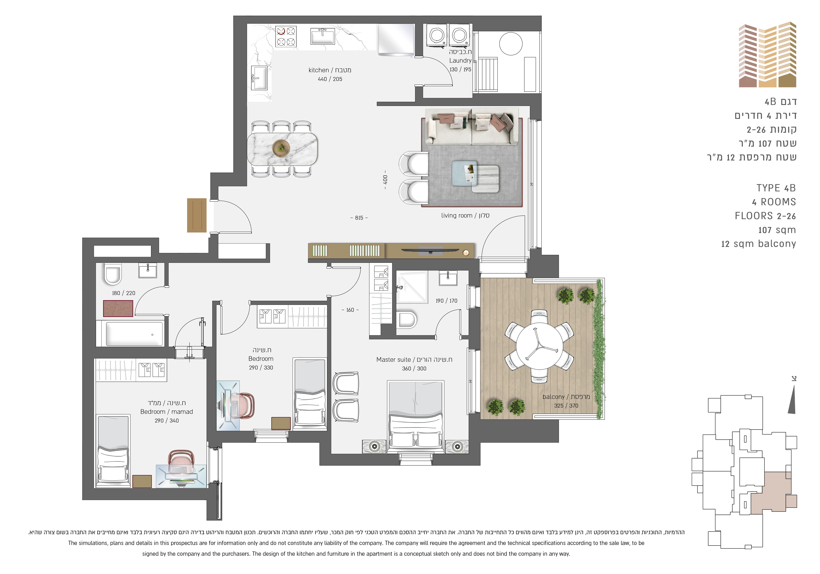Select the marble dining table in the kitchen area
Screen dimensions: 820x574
[x=282, y=149]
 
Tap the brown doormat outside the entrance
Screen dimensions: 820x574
[x=197, y=215]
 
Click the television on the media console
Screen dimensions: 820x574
[x=430, y=250]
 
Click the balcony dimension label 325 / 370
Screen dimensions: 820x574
[x=566, y=406]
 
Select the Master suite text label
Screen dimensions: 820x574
[x=393, y=360]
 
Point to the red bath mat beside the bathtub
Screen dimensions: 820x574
[x=118, y=308]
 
